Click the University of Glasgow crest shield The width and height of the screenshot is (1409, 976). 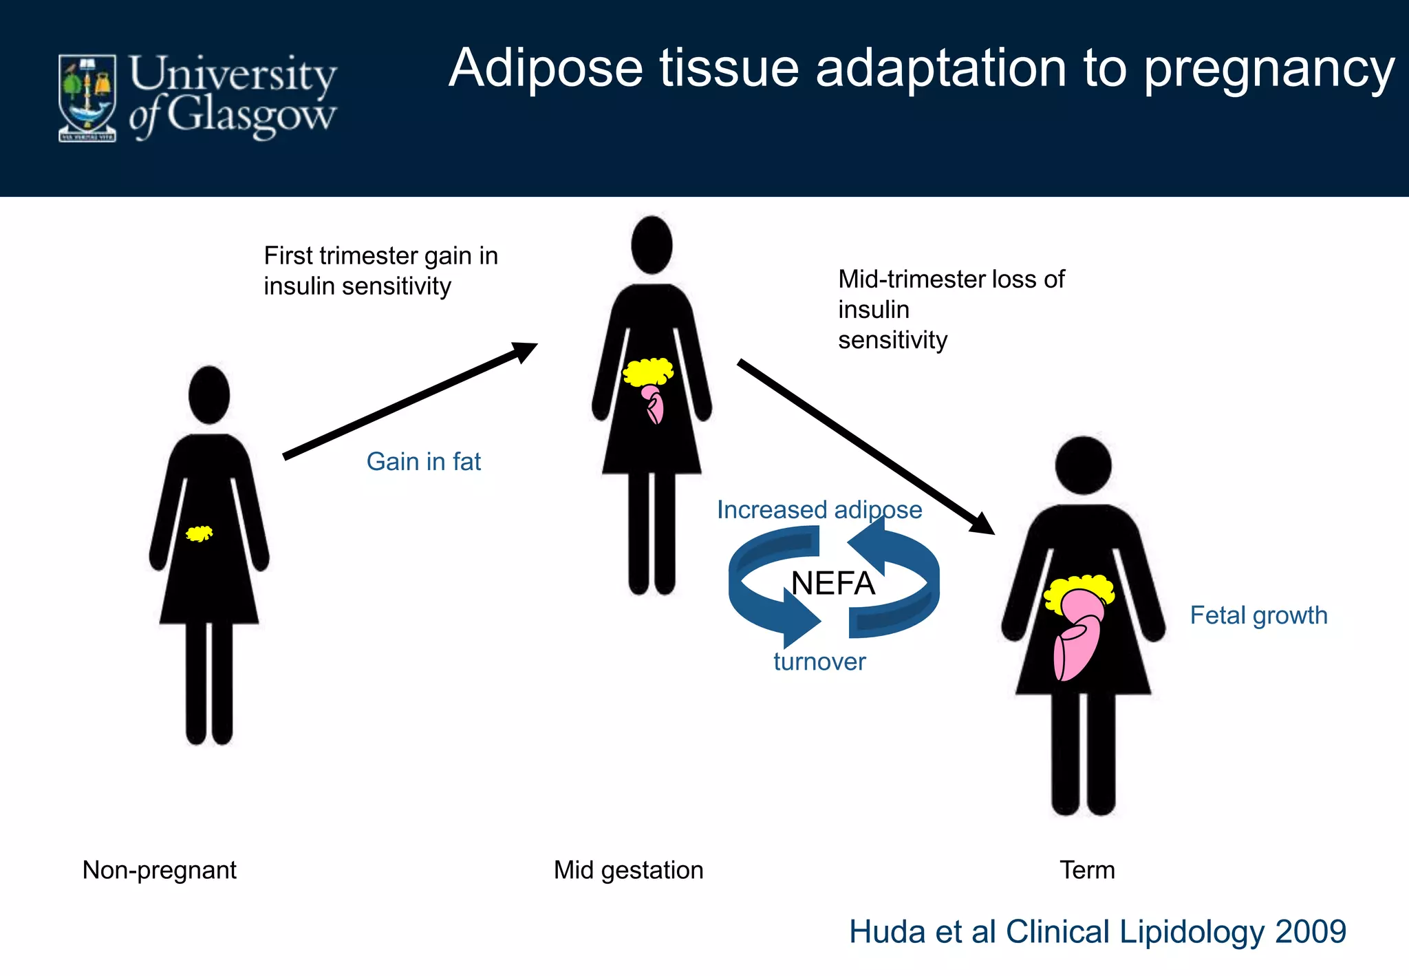point(87,98)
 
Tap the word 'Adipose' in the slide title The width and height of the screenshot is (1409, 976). point(545,69)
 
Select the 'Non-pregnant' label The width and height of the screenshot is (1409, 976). point(159,870)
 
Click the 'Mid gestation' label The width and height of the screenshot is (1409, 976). point(628,870)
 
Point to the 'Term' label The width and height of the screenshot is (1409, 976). point(1086,870)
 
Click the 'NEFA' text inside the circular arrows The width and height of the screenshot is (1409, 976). point(832,584)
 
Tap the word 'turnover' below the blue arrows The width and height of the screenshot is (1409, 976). point(819,661)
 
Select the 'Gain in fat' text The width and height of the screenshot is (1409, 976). point(423,461)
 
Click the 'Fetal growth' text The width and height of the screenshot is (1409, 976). point(1258,615)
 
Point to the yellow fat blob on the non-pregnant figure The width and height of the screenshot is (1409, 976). point(200,533)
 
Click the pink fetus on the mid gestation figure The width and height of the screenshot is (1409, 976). point(653,405)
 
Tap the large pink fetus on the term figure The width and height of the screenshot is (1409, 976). point(1077,637)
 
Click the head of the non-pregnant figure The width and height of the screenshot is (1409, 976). point(209,394)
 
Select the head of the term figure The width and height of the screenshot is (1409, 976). point(1083,465)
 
